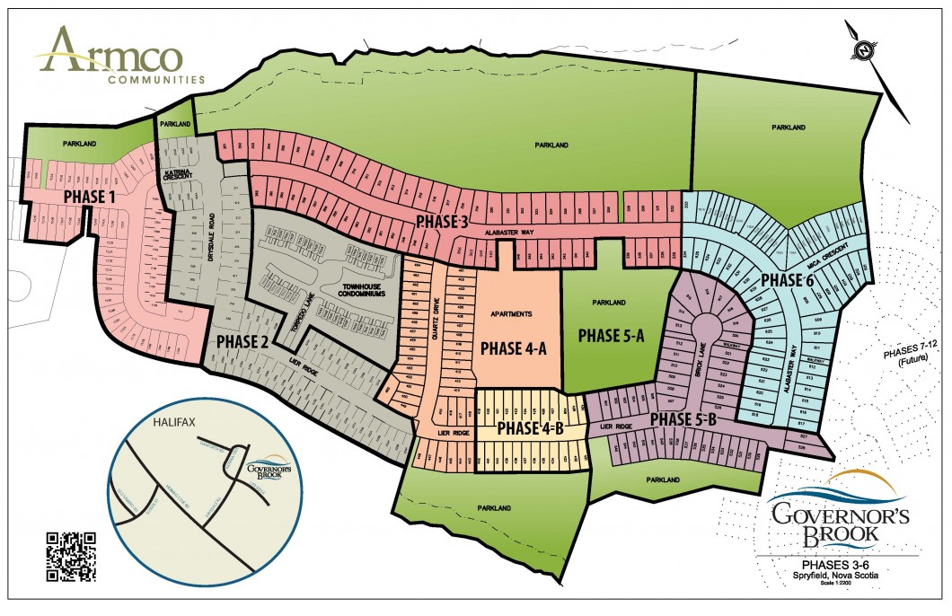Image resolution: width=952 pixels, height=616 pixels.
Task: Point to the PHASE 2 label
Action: click(x=242, y=341)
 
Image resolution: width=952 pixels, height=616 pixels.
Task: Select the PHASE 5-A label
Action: click(x=612, y=335)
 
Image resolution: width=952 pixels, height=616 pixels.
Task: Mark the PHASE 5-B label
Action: click(x=682, y=420)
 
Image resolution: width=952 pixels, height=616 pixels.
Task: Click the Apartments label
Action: click(x=513, y=314)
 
